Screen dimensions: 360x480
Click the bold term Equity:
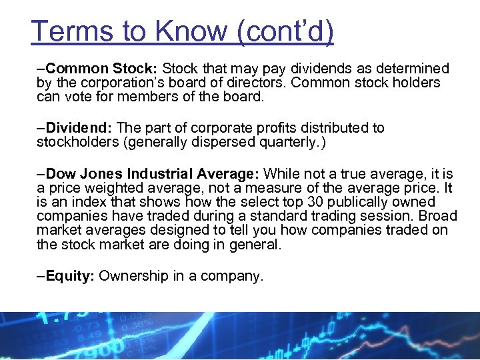coord(70,276)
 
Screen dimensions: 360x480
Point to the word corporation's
coord(122,83)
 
